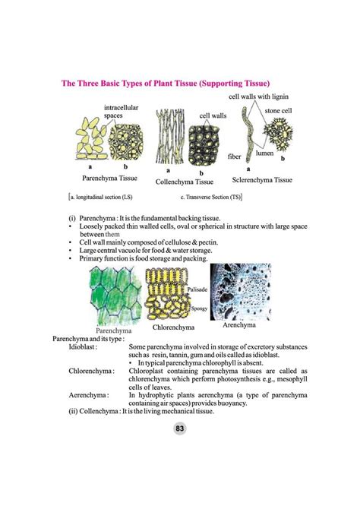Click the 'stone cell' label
coord(278,111)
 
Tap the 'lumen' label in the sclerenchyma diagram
coord(264,153)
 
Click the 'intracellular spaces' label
coord(121,112)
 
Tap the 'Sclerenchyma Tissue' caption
coord(262,180)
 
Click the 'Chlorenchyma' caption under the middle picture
coord(174,327)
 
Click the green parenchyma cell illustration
coord(113,296)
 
